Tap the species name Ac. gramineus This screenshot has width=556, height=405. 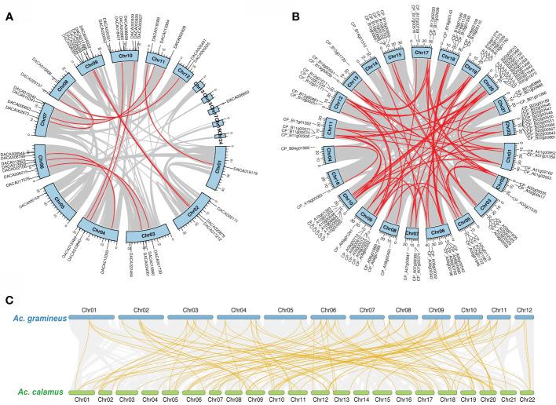(x=40, y=317)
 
